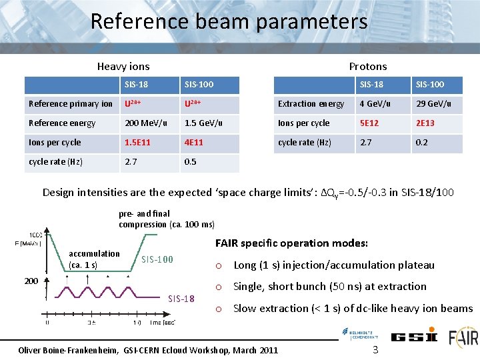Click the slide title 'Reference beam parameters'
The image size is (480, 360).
[229, 21]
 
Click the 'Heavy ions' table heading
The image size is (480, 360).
[123, 66]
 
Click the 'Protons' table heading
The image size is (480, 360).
[368, 66]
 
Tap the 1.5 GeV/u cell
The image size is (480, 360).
[203, 123]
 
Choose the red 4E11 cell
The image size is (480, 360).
[194, 143]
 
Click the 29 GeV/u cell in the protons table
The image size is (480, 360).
[433, 104]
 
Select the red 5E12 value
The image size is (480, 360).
[370, 123]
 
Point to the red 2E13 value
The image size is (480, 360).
[425, 123]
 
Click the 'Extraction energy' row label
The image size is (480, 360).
[311, 104]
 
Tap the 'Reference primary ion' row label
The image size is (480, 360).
[71, 104]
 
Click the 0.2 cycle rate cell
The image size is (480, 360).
[422, 143]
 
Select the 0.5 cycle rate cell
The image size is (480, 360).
[191, 162]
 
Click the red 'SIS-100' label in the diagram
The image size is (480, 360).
[157, 259]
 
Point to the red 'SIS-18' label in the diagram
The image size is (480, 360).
[181, 298]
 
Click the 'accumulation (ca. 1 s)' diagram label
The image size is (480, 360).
[95, 259]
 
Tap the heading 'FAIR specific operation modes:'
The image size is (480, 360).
[291, 243]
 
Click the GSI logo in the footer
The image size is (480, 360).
[414, 337]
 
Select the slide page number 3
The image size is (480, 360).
[375, 349]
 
